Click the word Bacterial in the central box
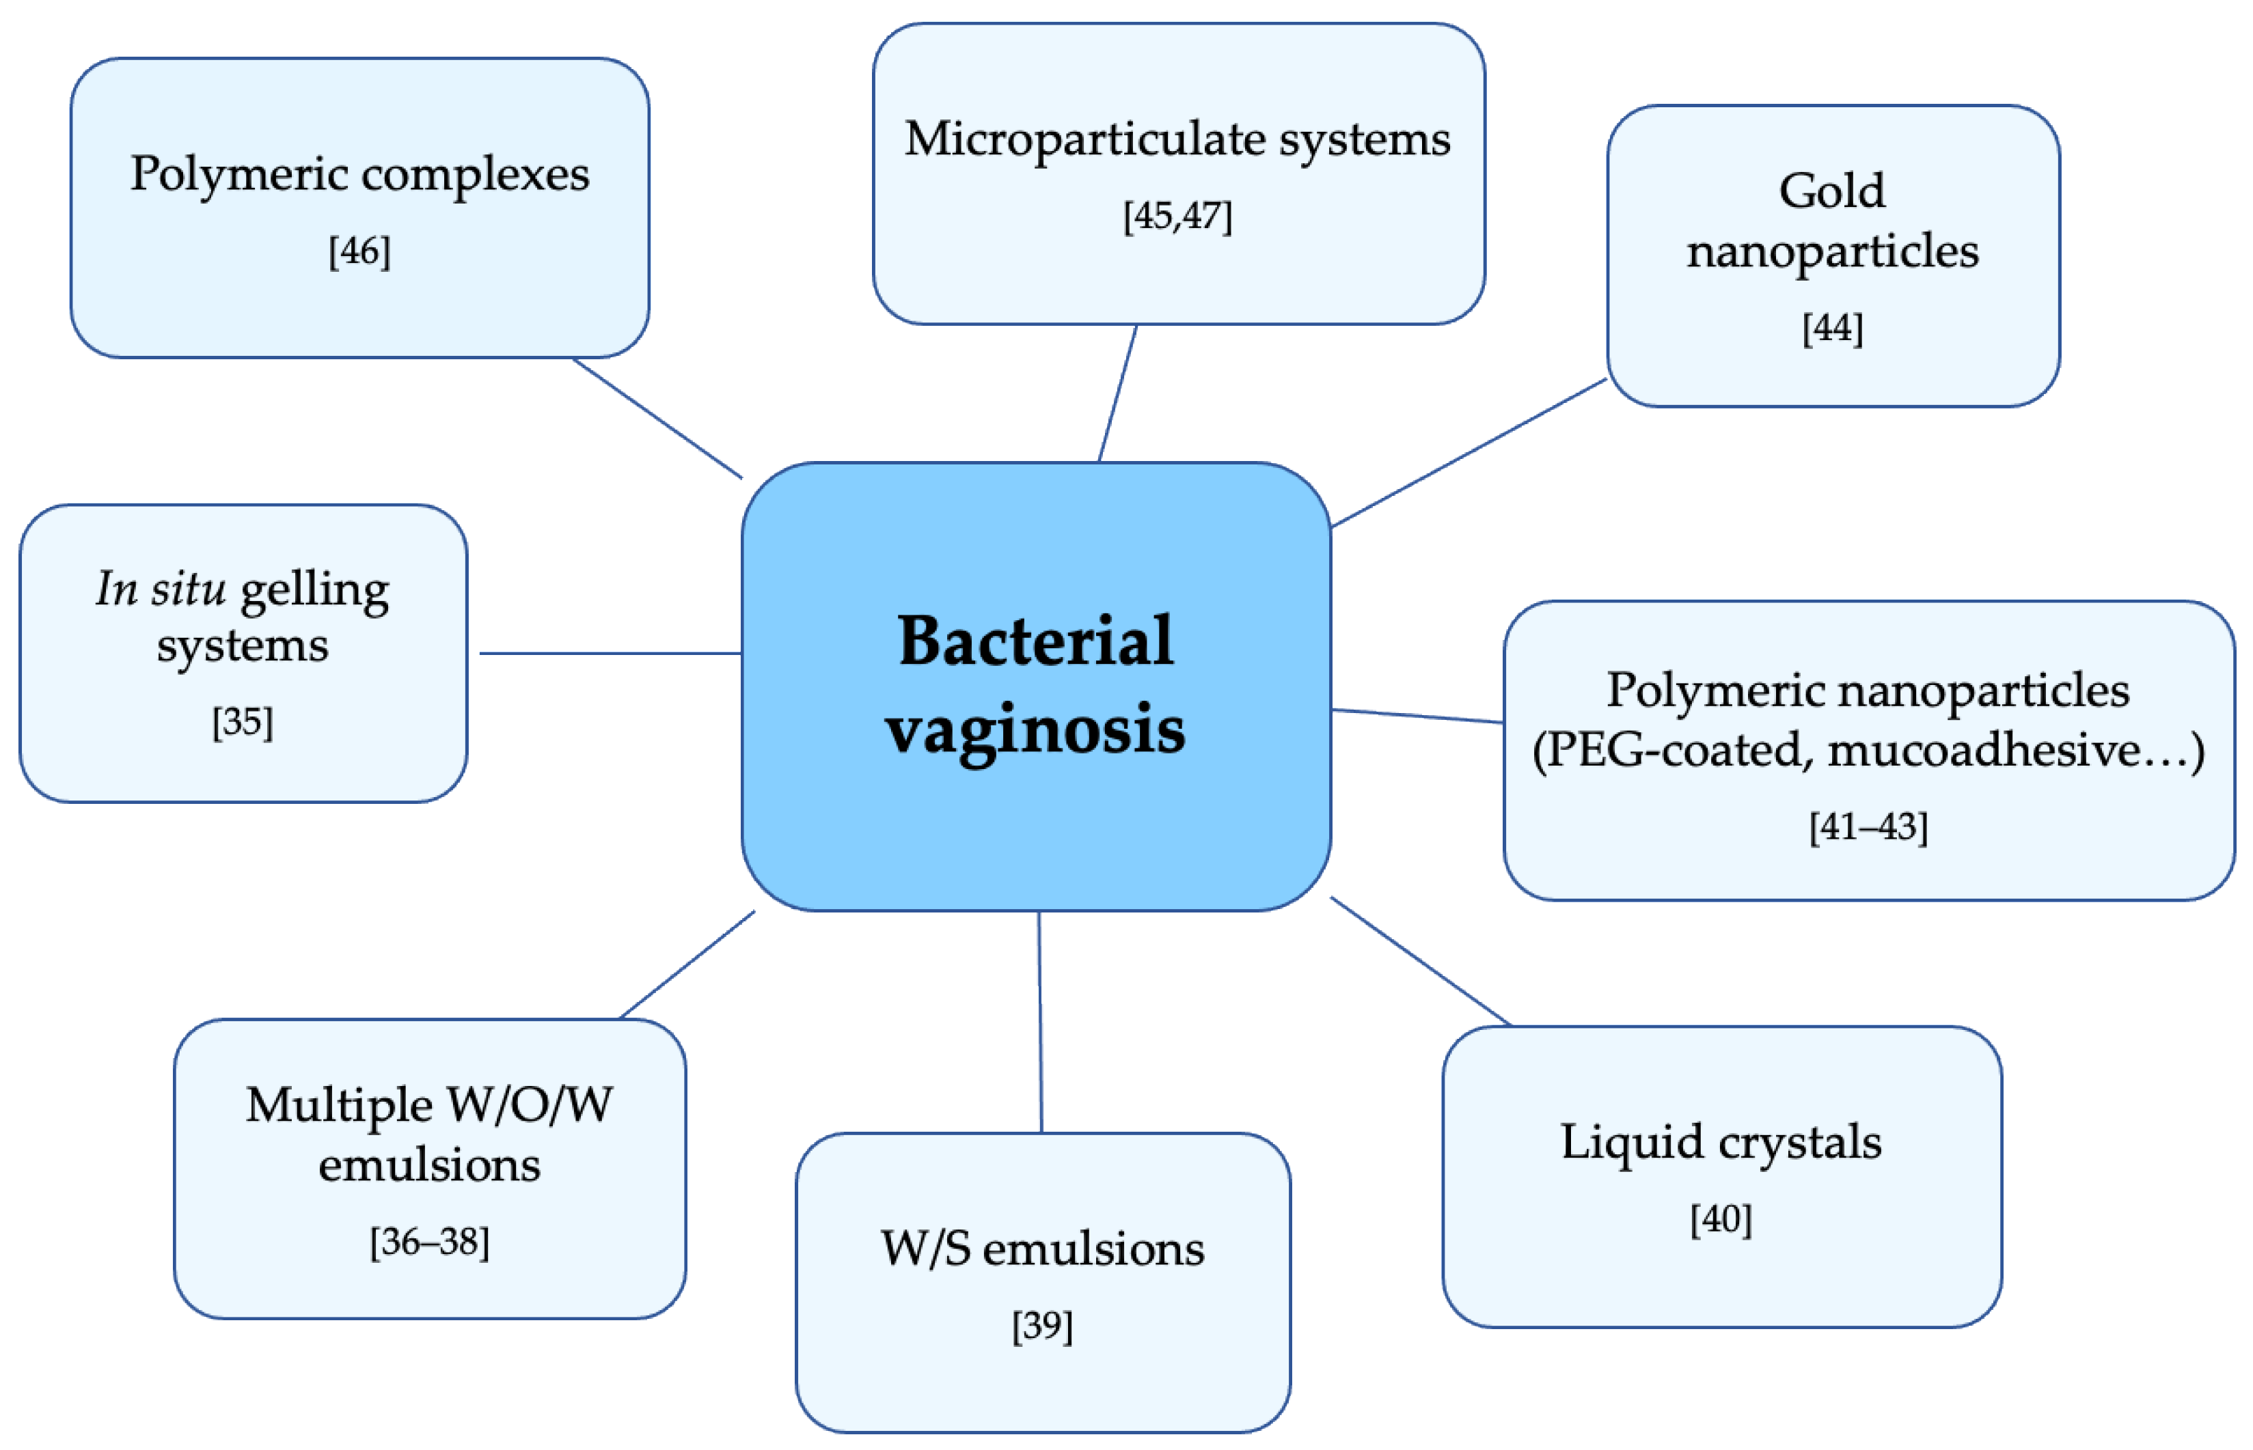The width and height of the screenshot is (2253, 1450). [1035, 641]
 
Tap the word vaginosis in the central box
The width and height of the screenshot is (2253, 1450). [1035, 729]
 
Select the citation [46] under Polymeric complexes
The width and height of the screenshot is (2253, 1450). [359, 251]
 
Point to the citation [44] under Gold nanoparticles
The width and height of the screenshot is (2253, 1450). [1832, 329]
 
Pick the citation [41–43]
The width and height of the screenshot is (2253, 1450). [1868, 826]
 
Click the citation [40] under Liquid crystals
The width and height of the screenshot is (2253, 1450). [1721, 1219]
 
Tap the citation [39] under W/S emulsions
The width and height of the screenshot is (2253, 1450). [1041, 1326]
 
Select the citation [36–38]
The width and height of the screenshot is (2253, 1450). [430, 1242]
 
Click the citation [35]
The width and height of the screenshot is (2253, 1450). [242, 722]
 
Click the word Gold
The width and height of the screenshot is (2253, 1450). [1832, 191]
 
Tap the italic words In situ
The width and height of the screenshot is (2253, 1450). [160, 589]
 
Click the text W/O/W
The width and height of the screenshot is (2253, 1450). [530, 1104]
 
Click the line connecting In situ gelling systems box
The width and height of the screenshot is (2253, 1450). [610, 652]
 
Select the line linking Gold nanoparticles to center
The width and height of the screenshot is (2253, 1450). [1469, 453]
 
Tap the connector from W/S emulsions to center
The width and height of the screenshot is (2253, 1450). [1040, 1022]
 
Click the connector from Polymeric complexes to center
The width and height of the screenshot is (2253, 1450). [657, 418]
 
